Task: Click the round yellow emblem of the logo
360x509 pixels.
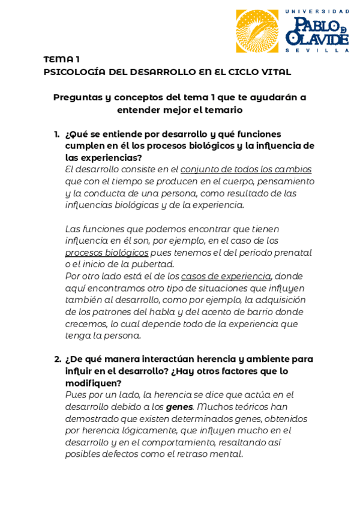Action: pyautogui.click(x=257, y=31)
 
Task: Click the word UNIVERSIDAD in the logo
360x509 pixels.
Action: pyautogui.click(x=317, y=11)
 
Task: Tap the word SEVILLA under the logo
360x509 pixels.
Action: pyautogui.click(x=317, y=50)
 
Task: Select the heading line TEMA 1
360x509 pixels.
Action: pyautogui.click(x=61, y=59)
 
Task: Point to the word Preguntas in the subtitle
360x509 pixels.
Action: pyautogui.click(x=77, y=97)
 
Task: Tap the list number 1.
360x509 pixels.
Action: pyautogui.click(x=56, y=134)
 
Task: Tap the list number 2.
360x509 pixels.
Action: pyautogui.click(x=57, y=359)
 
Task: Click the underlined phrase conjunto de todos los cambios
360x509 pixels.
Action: pyautogui.click(x=246, y=169)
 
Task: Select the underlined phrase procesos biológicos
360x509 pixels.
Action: pyautogui.click(x=107, y=253)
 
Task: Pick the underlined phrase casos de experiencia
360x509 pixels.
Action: pyautogui.click(x=226, y=276)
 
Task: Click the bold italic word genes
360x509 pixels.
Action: pyautogui.click(x=179, y=407)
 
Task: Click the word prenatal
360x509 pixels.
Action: pyautogui.click(x=292, y=253)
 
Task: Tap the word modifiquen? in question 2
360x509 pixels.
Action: pyautogui.click(x=93, y=383)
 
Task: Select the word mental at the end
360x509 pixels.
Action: pyautogui.click(x=228, y=454)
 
